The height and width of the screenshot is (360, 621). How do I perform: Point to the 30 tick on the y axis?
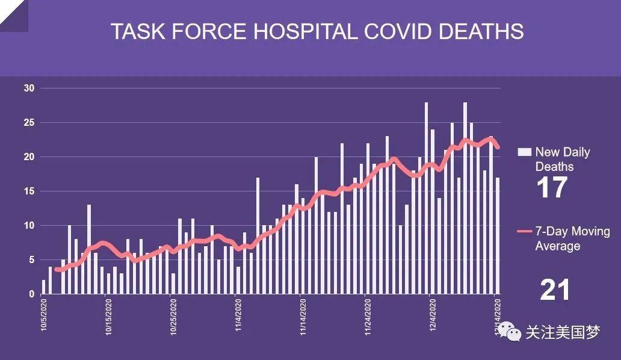coord(29,88)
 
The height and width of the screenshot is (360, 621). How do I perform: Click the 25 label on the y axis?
coord(29,123)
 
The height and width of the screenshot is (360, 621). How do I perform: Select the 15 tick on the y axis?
coord(29,191)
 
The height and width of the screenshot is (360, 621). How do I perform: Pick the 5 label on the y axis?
coord(32,260)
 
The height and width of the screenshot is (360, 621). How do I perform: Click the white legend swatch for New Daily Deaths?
coord(525,152)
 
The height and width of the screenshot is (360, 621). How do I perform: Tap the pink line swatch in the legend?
coord(525,232)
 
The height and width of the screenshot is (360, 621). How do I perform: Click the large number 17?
coord(551,187)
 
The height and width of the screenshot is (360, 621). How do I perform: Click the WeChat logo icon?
coord(512,332)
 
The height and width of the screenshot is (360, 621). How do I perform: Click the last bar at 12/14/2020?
coord(497,235)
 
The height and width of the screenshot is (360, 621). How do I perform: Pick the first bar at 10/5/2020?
coord(43,287)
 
